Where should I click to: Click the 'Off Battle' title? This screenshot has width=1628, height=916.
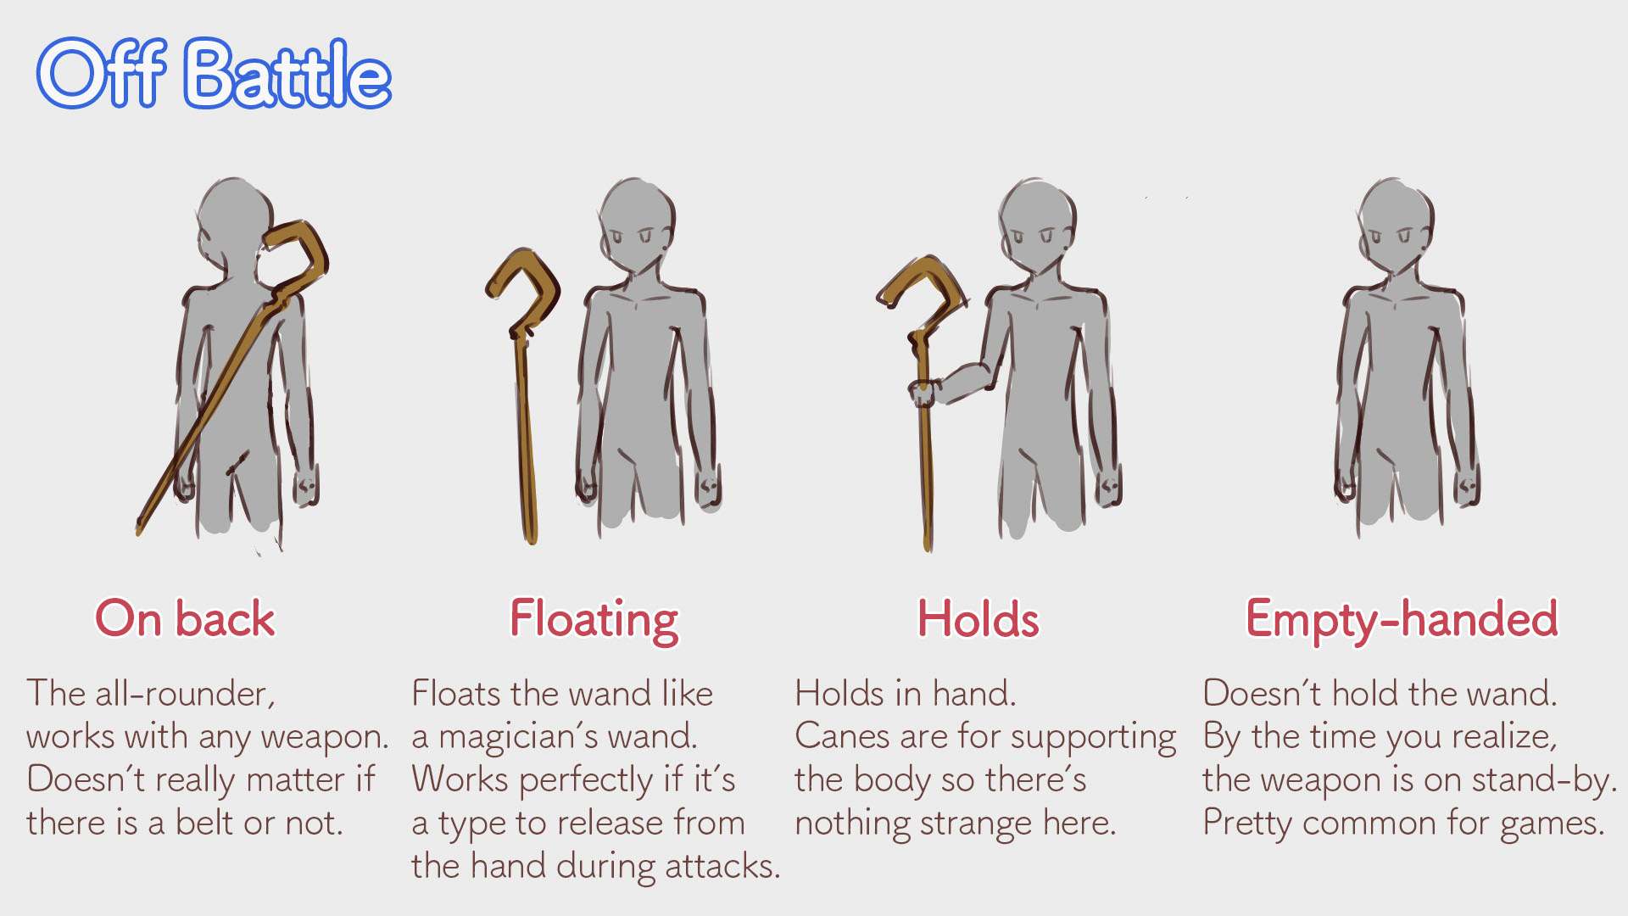pyautogui.click(x=214, y=74)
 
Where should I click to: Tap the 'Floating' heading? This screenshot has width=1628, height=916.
pyautogui.click(x=594, y=621)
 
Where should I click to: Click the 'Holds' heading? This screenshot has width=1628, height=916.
pyautogui.click(x=978, y=618)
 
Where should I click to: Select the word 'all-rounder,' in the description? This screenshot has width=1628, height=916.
pyautogui.click(x=185, y=694)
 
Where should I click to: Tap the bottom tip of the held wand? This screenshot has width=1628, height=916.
pyautogui.click(x=928, y=549)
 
